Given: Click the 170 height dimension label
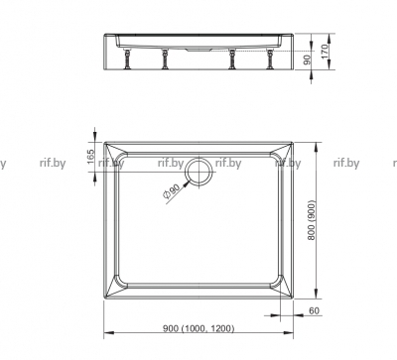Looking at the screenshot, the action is pyautogui.click(x=326, y=52).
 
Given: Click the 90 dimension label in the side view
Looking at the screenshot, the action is pyautogui.click(x=308, y=60).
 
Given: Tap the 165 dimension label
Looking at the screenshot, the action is pyautogui.click(x=90, y=158).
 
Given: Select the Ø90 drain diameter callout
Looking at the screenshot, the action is pyautogui.click(x=172, y=192).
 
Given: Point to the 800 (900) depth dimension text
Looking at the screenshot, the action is pyautogui.click(x=312, y=220).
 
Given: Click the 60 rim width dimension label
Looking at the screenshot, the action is pyautogui.click(x=314, y=310).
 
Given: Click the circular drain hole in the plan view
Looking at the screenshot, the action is pyautogui.click(x=198, y=172).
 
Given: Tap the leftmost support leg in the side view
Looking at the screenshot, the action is pyautogui.click(x=127, y=59).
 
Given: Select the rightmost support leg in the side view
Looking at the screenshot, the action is pyautogui.click(x=270, y=59).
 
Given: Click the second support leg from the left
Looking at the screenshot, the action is pyautogui.click(x=165, y=59).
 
